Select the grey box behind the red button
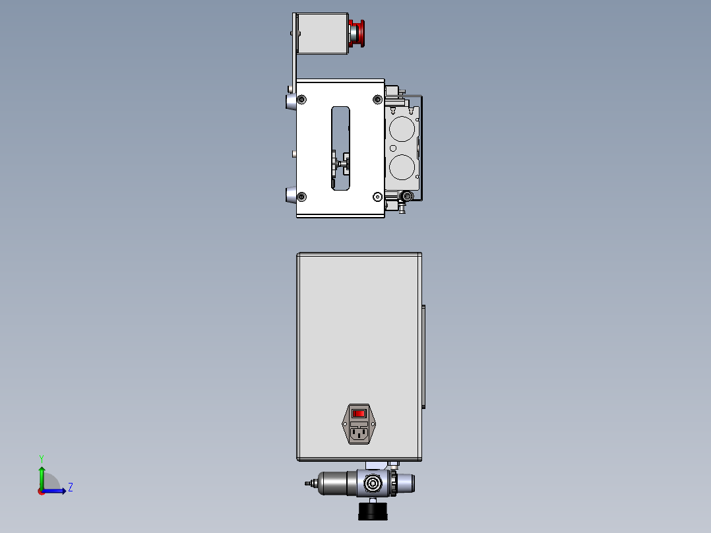tap(323, 34)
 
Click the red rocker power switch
tap(358, 414)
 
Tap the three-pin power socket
tap(358, 433)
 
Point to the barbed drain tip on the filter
tap(308, 484)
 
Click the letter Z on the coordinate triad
tap(70, 487)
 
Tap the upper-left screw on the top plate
tap(302, 100)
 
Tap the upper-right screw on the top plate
tap(377, 100)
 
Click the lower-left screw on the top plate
tap(302, 197)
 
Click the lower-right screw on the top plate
tap(377, 197)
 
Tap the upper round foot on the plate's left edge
tap(290, 102)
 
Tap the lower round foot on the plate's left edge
tap(290, 195)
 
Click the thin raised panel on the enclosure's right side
tap(423, 357)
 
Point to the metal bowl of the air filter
tap(336, 484)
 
